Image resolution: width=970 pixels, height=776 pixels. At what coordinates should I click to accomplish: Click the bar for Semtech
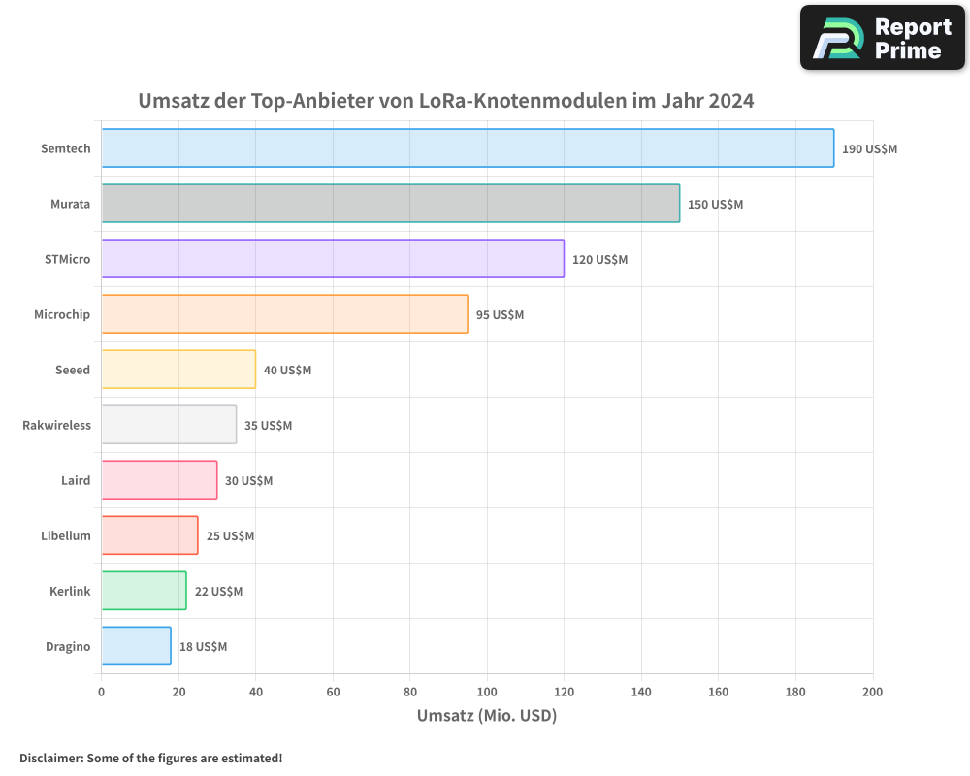pos(468,148)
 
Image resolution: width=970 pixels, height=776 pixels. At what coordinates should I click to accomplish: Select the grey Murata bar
pos(390,204)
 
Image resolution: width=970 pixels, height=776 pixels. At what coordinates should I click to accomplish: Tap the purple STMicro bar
pos(333,259)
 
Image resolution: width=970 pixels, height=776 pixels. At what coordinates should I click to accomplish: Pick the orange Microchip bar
pos(284,314)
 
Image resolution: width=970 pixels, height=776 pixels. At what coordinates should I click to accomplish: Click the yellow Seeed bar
pos(178,370)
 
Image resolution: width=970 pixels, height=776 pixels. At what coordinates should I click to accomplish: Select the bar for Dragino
pos(136,646)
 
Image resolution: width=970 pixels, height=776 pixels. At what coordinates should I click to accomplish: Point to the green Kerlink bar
pos(144,591)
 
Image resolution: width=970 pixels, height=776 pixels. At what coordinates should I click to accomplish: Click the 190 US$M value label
pos(869,149)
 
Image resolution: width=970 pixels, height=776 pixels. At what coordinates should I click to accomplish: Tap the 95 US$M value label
pos(500,315)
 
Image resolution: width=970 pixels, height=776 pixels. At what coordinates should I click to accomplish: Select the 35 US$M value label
pos(268,426)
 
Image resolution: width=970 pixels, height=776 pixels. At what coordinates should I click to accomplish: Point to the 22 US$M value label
pos(218,592)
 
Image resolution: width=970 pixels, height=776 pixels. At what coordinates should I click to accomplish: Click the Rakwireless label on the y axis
pos(56,425)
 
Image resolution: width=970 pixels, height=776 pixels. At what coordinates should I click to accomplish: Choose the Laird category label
pos(75,480)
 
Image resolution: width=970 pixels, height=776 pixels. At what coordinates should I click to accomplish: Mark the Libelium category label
pos(66,535)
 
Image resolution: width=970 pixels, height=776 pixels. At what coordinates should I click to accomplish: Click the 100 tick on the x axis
pos(487,692)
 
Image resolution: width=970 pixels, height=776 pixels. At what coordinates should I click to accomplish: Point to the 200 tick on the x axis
pos(872,692)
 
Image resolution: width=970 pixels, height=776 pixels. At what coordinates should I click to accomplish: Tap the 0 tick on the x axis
pos(102,692)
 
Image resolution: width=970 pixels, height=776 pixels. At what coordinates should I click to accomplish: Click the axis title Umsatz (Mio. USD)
pos(487,716)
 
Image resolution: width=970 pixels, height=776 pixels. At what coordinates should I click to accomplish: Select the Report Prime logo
pos(882,38)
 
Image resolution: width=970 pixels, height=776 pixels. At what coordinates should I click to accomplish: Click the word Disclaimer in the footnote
pos(50,758)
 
